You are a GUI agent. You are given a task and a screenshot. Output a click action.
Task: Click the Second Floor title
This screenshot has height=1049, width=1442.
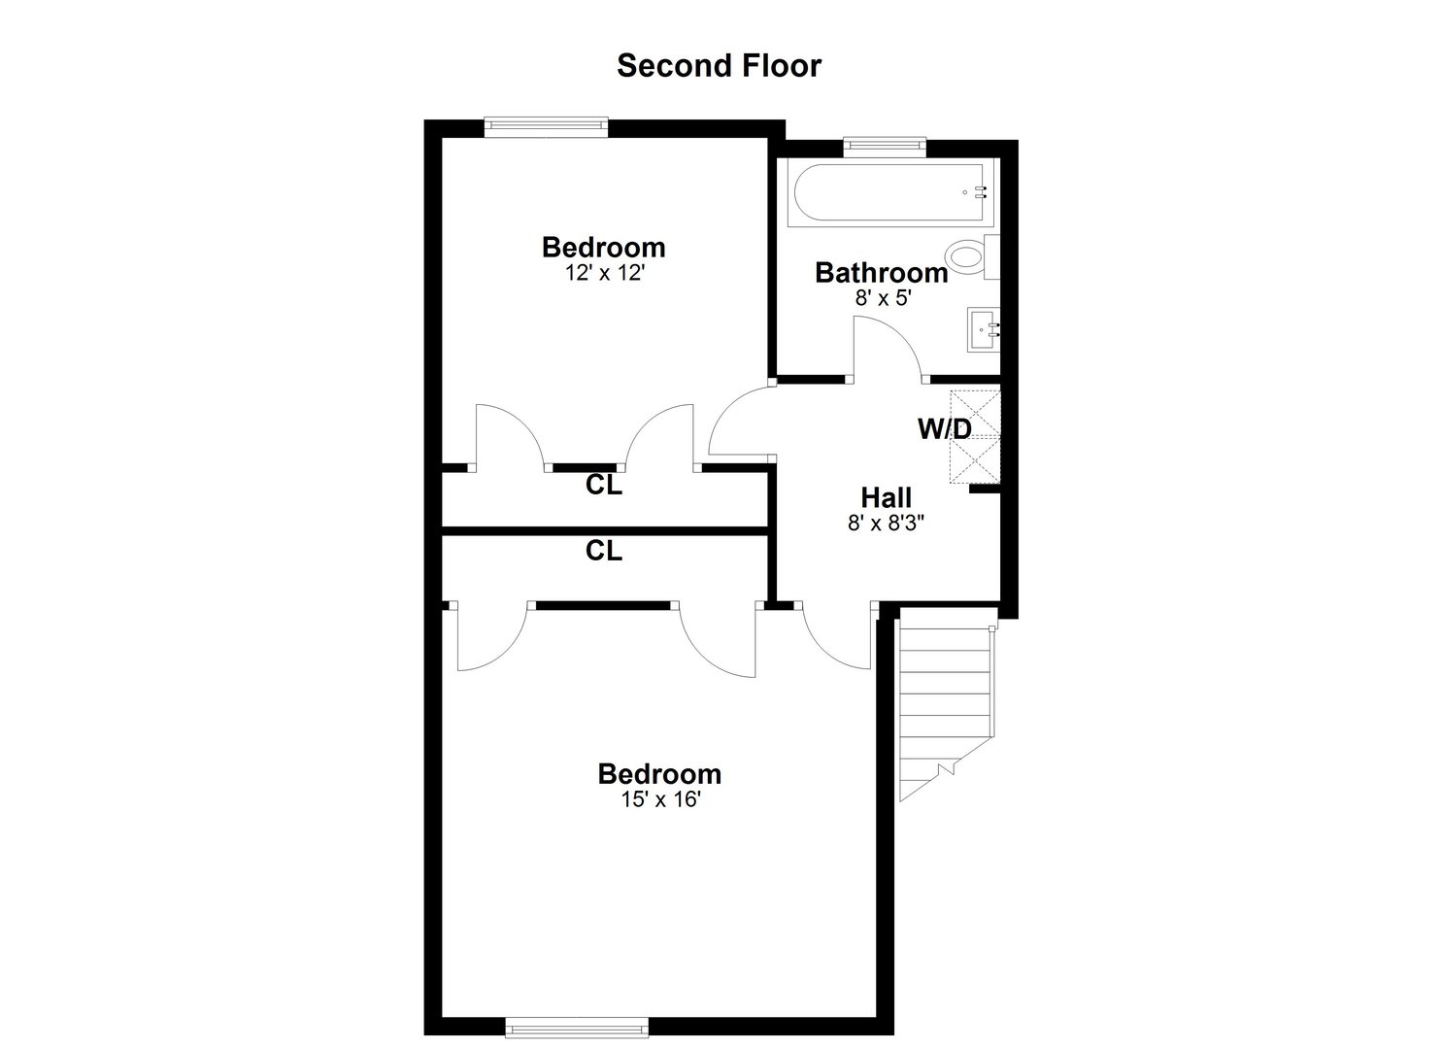tap(719, 65)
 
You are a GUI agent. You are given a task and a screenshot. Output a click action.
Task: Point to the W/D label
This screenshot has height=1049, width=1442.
tap(945, 428)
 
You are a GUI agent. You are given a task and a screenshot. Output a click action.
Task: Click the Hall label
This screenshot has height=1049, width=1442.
tap(886, 498)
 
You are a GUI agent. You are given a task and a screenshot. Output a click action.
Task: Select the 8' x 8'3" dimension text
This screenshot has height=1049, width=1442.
tap(886, 524)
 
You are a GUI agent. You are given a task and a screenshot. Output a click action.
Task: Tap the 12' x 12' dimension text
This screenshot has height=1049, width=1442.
tap(604, 273)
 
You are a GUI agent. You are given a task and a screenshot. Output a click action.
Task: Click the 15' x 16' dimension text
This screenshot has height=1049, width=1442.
tap(659, 800)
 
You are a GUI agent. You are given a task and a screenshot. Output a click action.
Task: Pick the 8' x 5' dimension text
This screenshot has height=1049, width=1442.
tap(881, 298)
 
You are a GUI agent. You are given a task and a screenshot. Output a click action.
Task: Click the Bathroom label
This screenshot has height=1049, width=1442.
tap(881, 273)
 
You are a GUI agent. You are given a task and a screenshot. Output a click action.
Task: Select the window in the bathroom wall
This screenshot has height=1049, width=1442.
tap(884, 147)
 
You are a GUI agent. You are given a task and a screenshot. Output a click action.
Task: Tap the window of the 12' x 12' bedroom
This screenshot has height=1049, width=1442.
tap(546, 124)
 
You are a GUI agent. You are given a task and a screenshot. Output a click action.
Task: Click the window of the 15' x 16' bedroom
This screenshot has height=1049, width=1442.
tap(563, 1026)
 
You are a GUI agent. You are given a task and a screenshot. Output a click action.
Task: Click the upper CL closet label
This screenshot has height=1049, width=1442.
tap(603, 486)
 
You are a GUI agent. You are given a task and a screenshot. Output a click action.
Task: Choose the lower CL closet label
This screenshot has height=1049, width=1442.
tap(603, 552)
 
